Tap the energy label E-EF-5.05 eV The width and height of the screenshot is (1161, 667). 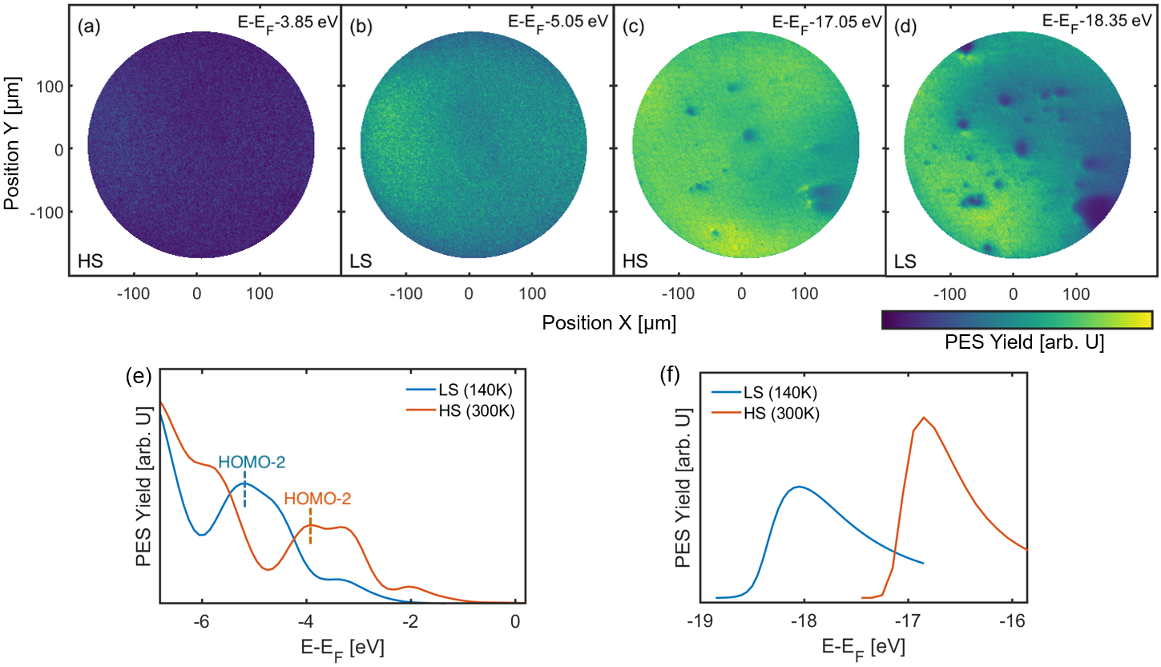(558, 22)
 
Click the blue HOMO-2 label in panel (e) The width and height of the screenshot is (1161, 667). (252, 463)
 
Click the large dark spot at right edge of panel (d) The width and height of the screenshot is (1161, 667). (1095, 210)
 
